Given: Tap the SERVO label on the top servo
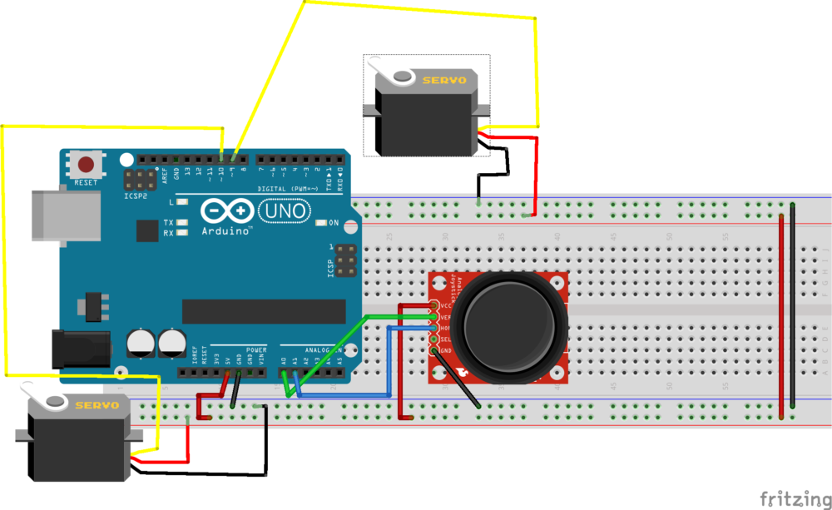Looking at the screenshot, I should click(x=443, y=81).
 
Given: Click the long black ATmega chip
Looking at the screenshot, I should click(x=263, y=311).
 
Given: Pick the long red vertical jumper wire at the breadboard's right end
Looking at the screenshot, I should click(x=781, y=316).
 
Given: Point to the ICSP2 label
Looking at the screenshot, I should click(x=135, y=196).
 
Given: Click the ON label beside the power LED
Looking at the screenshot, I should click(x=334, y=222).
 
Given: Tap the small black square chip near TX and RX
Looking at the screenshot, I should click(x=146, y=230).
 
